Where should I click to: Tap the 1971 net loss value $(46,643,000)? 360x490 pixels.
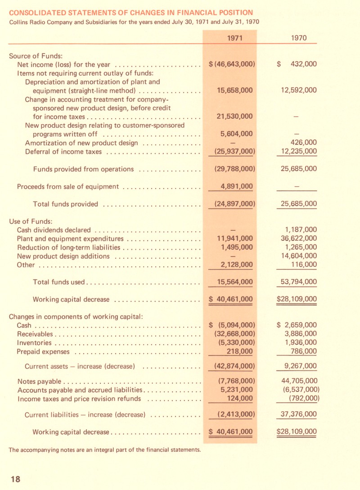[233, 64]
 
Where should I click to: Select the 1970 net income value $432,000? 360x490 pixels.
[297, 64]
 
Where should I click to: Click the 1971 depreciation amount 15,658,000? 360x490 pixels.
[234, 90]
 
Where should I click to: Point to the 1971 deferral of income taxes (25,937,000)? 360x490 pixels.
[233, 151]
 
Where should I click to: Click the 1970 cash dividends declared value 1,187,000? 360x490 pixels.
[298, 230]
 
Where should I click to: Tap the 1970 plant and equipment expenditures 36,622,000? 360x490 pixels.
[298, 238]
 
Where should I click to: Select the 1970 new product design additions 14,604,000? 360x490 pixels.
[298, 256]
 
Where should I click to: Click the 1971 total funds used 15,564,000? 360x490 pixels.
[234, 282]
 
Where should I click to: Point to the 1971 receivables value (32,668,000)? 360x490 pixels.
[233, 334]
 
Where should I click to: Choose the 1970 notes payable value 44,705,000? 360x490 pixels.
[298, 381]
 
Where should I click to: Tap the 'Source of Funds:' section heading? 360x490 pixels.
[36, 56]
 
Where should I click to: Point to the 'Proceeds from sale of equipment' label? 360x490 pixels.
[67, 187]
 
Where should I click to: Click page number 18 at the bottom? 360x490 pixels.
[15, 479]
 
